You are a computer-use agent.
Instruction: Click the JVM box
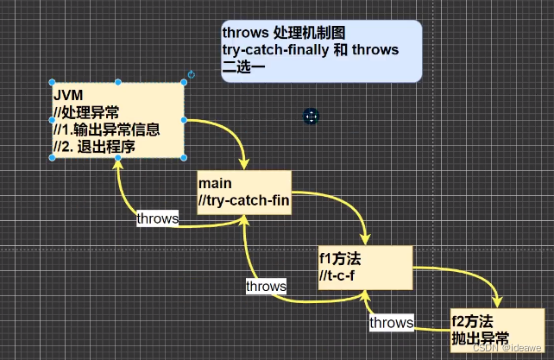(x=117, y=120)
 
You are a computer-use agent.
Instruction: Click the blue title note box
(x=321, y=51)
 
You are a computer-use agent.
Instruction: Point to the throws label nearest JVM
(x=157, y=218)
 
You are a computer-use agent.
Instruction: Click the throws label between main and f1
(x=266, y=285)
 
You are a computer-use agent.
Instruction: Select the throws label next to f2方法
(x=391, y=322)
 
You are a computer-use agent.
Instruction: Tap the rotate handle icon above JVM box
(x=191, y=75)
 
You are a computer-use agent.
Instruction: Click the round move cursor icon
(x=312, y=116)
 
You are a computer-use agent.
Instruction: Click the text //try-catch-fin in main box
(x=244, y=201)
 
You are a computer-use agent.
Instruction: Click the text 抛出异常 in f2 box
(x=480, y=338)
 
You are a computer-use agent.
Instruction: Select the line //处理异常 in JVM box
(x=88, y=111)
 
